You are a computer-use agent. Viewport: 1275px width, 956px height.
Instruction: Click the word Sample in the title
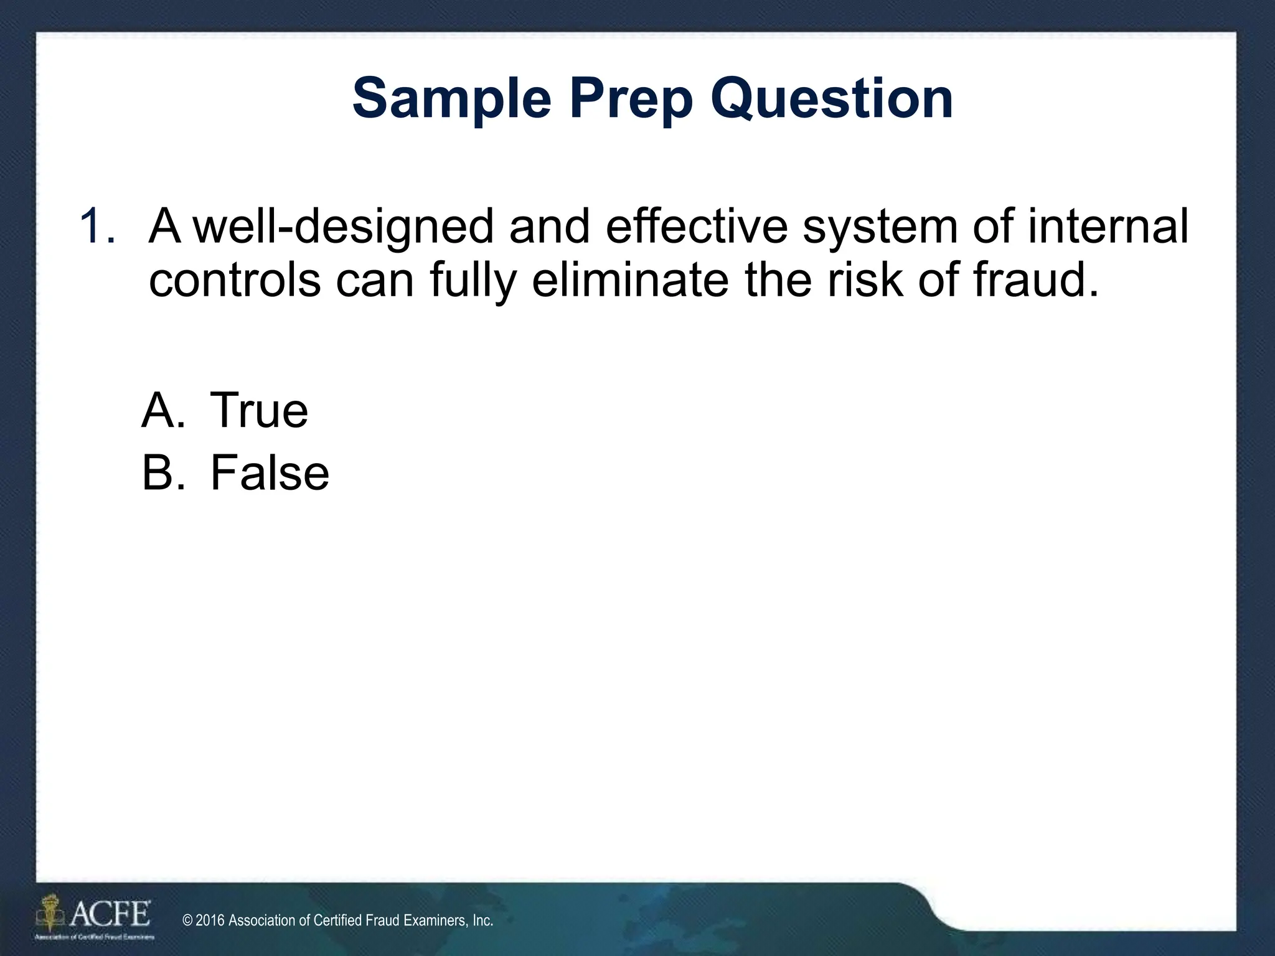point(451,100)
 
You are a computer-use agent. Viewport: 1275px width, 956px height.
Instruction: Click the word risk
point(865,279)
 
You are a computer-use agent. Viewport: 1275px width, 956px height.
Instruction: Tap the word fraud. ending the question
point(1036,279)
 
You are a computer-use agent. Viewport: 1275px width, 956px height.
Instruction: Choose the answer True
point(259,410)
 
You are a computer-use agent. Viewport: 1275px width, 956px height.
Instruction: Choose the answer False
point(270,473)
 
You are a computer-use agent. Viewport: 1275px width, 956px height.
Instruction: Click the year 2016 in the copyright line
point(210,921)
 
